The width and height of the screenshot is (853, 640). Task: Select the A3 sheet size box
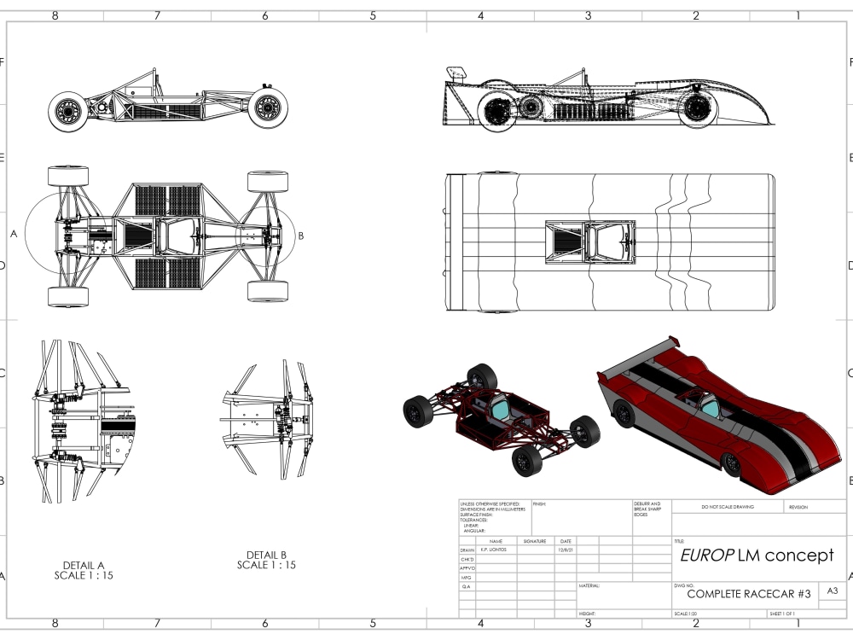833,591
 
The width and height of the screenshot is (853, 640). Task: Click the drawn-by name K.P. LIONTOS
494,550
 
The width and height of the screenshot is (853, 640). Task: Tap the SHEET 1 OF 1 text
781,614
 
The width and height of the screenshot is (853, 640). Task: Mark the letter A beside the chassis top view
14,233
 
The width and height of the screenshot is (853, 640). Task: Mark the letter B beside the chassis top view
301,236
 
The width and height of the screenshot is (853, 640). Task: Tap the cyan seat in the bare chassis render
500,410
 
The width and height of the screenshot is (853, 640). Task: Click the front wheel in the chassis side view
267,108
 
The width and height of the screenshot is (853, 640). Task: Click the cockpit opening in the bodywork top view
590,241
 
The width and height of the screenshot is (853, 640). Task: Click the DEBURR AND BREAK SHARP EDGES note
647,509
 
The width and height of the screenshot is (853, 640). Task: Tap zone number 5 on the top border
373,15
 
